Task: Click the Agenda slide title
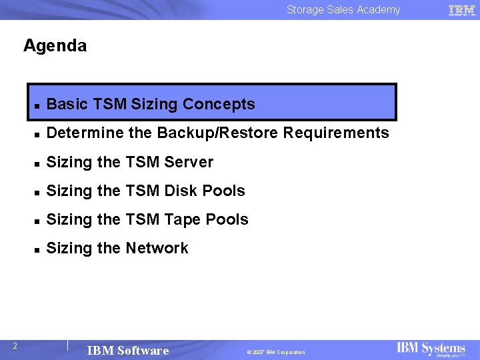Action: click(x=55, y=46)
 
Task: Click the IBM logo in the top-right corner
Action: click(x=462, y=10)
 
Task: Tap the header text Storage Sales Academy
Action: click(x=343, y=9)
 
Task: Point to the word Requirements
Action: click(x=336, y=133)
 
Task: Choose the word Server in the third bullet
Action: click(x=191, y=162)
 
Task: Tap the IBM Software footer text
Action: click(x=128, y=351)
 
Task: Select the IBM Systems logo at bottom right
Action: click(x=431, y=349)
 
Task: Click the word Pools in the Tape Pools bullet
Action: click(x=227, y=219)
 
